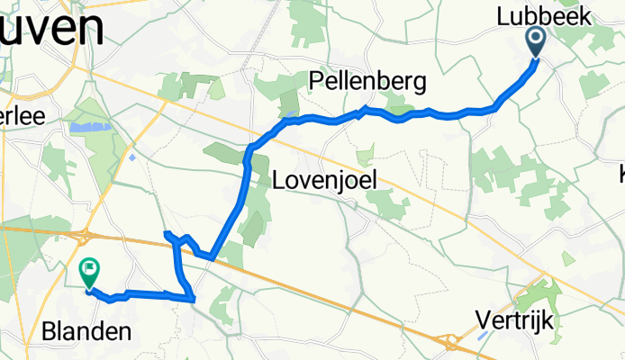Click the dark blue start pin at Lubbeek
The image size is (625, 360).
pos(535,40)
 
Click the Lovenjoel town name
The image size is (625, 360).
pos(323,180)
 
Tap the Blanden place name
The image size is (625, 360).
pos(86,331)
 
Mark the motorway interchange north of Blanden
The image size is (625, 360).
pos(86,237)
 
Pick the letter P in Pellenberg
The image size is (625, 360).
pos(315,83)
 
